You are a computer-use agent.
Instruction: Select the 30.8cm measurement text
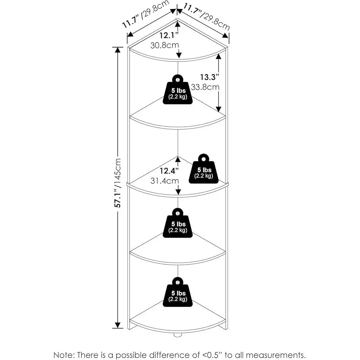click(x=165, y=45)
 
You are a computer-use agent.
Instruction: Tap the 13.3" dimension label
click(x=210, y=77)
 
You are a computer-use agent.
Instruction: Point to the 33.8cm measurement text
click(x=205, y=87)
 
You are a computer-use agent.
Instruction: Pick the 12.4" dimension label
click(x=167, y=170)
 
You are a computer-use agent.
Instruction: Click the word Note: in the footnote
click(x=64, y=355)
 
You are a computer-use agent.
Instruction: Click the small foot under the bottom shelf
click(x=177, y=335)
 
